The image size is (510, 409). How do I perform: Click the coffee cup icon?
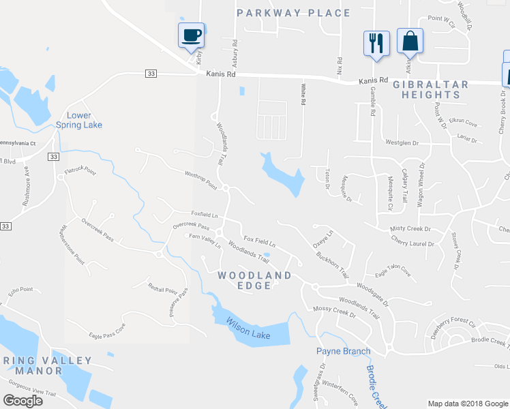click(191, 34)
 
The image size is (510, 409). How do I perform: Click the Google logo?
click(23, 400)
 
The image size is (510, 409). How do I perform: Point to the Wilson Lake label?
click(248, 330)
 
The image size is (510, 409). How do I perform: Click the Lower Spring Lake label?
click(79, 120)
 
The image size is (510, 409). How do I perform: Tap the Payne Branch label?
click(343, 351)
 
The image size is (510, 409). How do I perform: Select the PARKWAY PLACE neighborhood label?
click(293, 13)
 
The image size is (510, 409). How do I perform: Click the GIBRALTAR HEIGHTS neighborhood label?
click(430, 90)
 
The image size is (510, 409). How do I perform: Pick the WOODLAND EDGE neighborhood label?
click(254, 280)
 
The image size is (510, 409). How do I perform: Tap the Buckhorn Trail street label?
click(333, 265)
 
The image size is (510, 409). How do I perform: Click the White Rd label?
click(303, 93)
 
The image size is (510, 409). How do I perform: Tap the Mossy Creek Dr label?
click(335, 312)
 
